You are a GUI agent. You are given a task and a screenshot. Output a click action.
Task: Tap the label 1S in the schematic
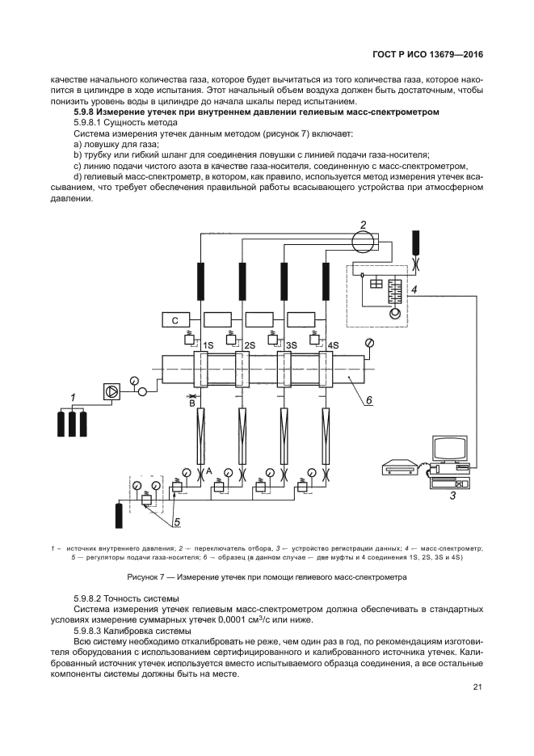[x=208, y=345]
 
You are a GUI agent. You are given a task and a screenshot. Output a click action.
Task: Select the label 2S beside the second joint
[x=250, y=345]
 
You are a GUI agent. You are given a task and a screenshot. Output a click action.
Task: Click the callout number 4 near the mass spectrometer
[x=414, y=289]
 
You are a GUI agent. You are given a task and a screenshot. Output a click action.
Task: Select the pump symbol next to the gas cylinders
[x=111, y=391]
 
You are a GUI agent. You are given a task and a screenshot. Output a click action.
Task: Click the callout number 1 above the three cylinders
[x=73, y=397]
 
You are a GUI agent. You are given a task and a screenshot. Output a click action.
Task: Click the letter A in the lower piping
[x=209, y=470]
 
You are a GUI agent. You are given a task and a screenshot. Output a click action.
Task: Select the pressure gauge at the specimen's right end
[x=369, y=343]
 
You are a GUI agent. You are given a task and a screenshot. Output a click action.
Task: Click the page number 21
[x=477, y=687]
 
